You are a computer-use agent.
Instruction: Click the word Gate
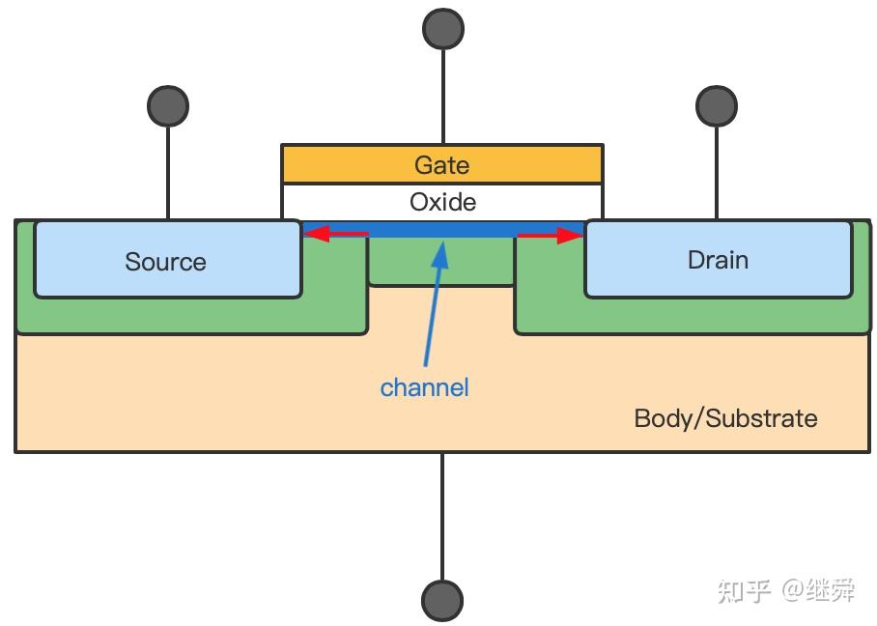[x=441, y=165]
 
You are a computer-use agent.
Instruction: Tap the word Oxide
[x=442, y=202]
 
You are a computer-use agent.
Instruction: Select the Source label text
[x=165, y=262]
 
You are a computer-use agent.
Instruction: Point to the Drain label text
[x=718, y=260]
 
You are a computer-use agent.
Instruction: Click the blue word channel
[x=425, y=387]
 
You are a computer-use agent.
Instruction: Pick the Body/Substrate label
[x=725, y=418]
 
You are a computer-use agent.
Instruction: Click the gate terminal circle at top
[x=443, y=29]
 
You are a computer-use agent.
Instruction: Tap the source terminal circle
[x=168, y=105]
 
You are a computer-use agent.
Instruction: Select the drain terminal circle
[x=717, y=105]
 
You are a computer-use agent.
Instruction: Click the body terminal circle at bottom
[x=441, y=602]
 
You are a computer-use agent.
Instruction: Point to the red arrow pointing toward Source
[x=335, y=233]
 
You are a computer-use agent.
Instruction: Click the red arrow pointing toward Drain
[x=551, y=236]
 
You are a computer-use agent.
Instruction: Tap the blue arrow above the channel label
[x=435, y=303]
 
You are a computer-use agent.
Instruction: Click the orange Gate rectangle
[x=442, y=164]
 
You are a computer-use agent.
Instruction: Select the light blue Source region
[x=168, y=259]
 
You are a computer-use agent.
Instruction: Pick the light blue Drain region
[x=719, y=259]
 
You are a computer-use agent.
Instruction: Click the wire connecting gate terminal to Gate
[x=443, y=97]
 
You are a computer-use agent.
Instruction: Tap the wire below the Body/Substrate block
[x=441, y=517]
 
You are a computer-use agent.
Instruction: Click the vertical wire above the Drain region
[x=717, y=173]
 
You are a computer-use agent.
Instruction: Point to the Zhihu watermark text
[x=786, y=590]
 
